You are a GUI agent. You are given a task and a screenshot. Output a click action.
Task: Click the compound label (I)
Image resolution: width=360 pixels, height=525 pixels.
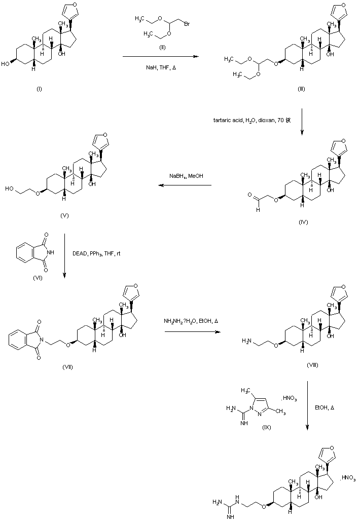coord(39,89)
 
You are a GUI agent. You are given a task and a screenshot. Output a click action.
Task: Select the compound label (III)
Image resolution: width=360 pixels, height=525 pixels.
coord(301,89)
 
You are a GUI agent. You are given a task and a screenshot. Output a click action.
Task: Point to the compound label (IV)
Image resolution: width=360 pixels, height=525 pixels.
coord(303,221)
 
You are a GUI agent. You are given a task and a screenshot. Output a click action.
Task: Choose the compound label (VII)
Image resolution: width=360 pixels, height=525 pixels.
coord(67,366)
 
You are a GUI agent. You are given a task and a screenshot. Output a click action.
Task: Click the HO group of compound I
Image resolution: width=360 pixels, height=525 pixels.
coord(5,64)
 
